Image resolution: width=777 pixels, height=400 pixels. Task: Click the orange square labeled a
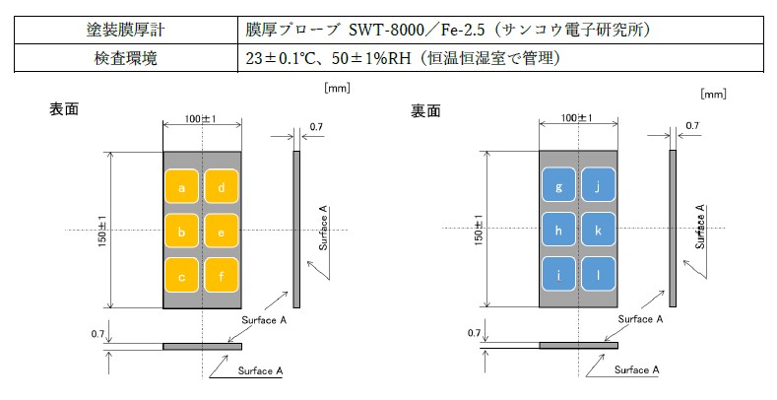182,187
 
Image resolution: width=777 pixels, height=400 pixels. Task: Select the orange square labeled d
223,187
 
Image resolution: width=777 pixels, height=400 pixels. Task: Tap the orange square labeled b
182,232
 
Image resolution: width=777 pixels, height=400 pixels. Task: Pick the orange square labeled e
223,232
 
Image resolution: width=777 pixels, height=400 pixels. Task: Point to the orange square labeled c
182,275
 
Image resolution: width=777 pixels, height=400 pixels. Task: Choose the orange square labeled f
223,275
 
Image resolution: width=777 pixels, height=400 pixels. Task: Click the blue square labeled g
559,187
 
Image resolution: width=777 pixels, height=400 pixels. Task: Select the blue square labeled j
599,187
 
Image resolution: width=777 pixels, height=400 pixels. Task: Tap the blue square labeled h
559,231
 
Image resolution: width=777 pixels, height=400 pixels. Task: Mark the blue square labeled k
599,231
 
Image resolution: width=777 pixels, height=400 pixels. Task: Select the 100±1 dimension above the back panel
578,119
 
